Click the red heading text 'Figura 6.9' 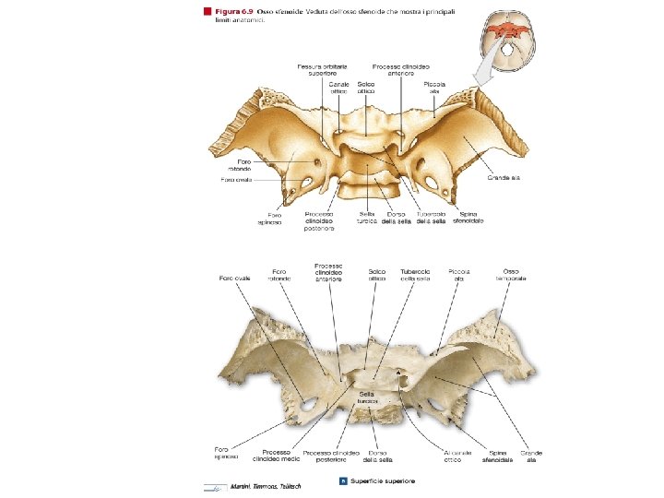[x=233, y=11]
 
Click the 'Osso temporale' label [x=510, y=275]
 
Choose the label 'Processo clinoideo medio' [x=277, y=455]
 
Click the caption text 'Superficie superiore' [x=382, y=480]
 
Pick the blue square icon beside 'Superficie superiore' [x=344, y=480]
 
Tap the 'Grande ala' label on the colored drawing [x=506, y=177]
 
